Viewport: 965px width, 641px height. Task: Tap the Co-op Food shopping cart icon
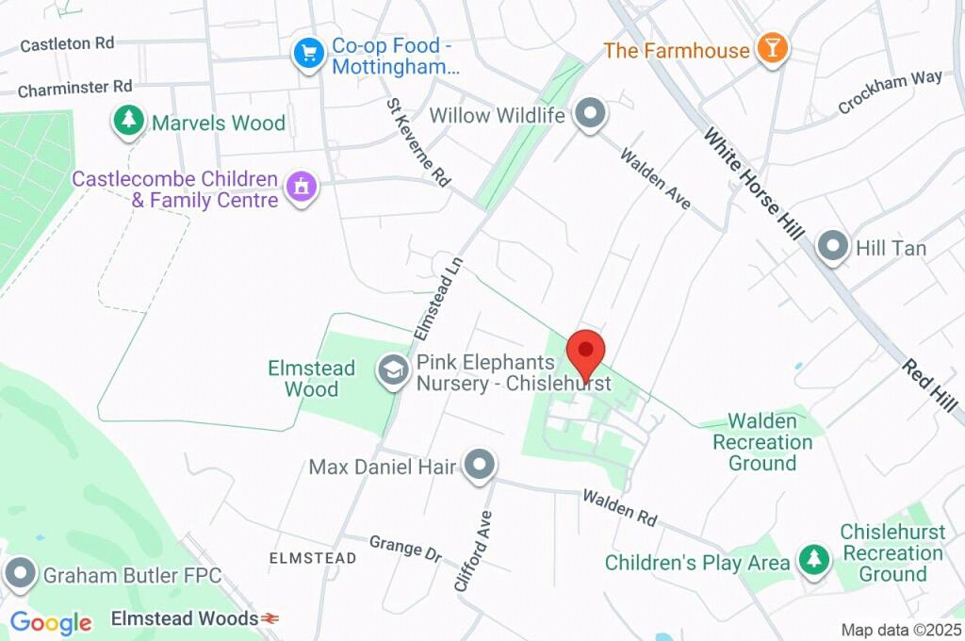tap(308, 54)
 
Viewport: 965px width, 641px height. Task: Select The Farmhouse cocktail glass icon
tap(773, 49)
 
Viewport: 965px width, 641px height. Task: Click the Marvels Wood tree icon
tap(127, 121)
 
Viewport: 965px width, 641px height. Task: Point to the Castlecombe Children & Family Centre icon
tap(302, 187)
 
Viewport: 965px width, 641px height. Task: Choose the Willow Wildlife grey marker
tap(591, 114)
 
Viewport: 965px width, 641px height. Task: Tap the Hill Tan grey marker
tap(832, 248)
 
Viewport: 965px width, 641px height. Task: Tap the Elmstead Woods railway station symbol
tap(270, 618)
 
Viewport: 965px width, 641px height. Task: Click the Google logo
tap(51, 622)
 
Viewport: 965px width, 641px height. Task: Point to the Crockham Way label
tap(891, 91)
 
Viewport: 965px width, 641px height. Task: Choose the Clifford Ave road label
tap(473, 551)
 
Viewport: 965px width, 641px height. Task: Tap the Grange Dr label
tap(405, 549)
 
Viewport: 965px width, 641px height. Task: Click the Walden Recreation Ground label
tap(762, 441)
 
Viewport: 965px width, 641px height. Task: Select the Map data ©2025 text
tap(902, 629)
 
